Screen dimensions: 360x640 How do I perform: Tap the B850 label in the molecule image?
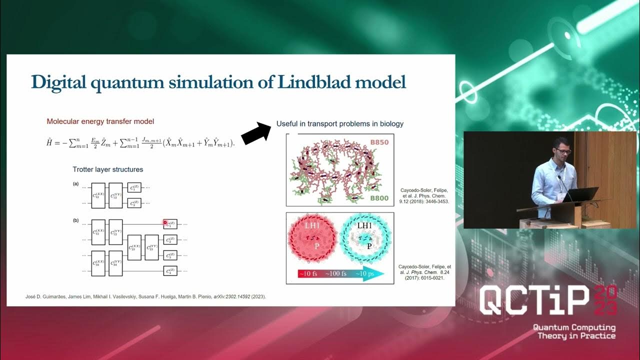click(x=380, y=141)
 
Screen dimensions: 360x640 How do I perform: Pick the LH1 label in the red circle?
click(x=314, y=226)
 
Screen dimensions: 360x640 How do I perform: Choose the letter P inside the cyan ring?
click(x=368, y=246)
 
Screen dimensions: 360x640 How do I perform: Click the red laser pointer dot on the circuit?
click(x=165, y=222)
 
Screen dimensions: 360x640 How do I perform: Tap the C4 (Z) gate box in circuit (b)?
click(x=170, y=271)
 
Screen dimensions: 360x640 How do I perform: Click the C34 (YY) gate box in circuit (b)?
click(x=115, y=263)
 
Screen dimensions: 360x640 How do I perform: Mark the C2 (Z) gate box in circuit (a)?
click(x=134, y=202)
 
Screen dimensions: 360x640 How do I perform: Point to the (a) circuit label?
click(x=76, y=183)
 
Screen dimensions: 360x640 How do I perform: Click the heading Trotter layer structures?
click(x=107, y=169)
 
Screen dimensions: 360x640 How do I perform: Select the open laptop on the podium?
click(x=582, y=194)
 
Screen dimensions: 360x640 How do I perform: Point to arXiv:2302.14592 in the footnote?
click(x=229, y=297)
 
